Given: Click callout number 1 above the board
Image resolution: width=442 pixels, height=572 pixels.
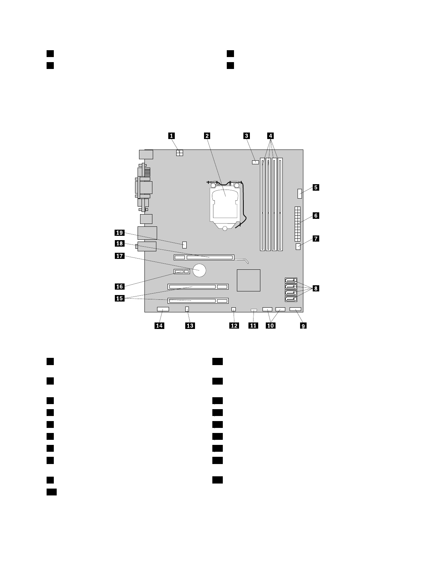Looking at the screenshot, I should click(172, 136).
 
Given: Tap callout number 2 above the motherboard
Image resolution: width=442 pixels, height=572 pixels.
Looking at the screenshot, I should click(207, 136).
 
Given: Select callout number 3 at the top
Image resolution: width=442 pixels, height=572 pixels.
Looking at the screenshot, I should click(246, 136).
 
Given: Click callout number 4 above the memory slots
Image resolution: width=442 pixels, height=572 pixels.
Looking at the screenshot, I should click(270, 136).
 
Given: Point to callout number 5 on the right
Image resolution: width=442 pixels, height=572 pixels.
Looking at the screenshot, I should click(316, 187).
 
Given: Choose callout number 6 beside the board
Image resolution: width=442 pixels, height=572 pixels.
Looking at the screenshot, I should click(316, 216).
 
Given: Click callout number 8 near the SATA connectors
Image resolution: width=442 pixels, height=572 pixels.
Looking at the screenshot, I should click(316, 288).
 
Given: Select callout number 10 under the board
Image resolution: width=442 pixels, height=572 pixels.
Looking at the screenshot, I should click(270, 326).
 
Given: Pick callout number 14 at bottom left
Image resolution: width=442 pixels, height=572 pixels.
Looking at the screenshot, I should click(159, 326).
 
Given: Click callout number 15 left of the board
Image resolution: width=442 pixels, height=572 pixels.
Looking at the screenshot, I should click(120, 298).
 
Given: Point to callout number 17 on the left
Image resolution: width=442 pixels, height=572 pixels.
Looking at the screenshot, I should click(120, 256).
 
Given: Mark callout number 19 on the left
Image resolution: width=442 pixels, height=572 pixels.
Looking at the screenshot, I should click(120, 233).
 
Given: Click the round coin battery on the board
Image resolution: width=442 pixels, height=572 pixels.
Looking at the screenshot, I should click(199, 270).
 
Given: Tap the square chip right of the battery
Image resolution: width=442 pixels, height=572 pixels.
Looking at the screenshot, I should click(249, 280).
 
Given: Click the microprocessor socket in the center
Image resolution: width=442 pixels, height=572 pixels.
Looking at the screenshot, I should click(225, 204).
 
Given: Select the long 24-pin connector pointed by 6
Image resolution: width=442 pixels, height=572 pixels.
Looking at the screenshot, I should click(298, 224).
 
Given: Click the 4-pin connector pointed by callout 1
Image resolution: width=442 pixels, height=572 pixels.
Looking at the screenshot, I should click(179, 153).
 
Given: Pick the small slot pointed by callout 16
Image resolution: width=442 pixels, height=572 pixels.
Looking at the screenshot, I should click(182, 271).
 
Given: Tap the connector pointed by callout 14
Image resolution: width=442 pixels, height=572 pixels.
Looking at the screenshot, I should click(163, 309).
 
